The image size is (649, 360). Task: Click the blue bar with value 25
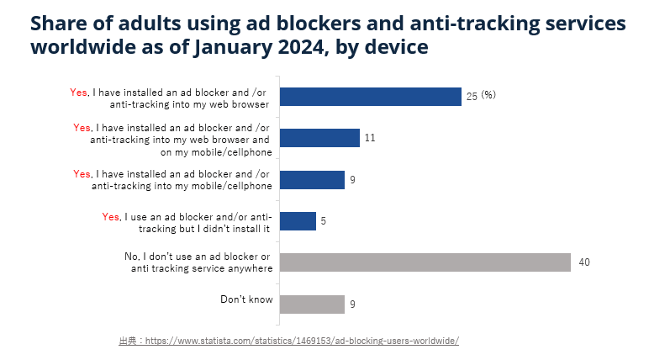pyautogui.click(x=370, y=97)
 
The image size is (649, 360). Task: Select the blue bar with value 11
pyautogui.click(x=319, y=138)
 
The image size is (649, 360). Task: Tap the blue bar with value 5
pyautogui.click(x=298, y=220)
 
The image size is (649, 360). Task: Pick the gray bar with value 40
pyautogui.click(x=425, y=262)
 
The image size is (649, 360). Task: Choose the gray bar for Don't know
pyautogui.click(x=312, y=304)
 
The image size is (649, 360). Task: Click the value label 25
pyautogui.click(x=472, y=97)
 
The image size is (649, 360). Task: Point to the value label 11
pyautogui.click(x=369, y=138)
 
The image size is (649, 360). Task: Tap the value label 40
pyautogui.click(x=584, y=262)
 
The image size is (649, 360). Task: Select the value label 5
pyautogui.click(x=324, y=221)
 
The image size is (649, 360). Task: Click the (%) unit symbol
pyautogui.click(x=488, y=95)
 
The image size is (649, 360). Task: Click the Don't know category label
pyautogui.click(x=246, y=299)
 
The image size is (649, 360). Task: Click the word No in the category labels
pyautogui.click(x=129, y=256)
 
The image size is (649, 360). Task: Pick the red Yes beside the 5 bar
pyautogui.click(x=111, y=216)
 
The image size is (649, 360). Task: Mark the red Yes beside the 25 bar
pyautogui.click(x=79, y=93)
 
